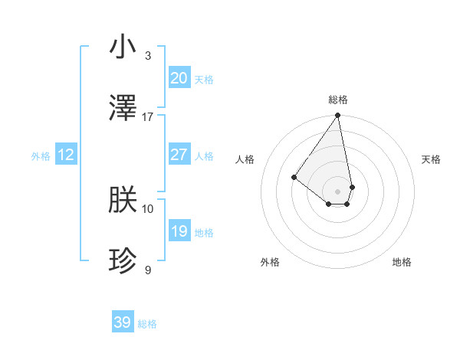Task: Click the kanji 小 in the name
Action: point(123,48)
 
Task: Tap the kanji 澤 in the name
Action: point(123,110)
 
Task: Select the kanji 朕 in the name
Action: point(123,201)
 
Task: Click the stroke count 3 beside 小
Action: point(148,56)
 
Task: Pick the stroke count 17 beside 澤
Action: point(148,117)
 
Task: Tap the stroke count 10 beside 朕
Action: point(148,208)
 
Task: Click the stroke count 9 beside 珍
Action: point(148,270)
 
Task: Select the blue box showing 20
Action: point(179,78)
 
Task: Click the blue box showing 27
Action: point(179,155)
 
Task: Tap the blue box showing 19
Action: point(179,231)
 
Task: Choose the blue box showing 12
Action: point(66,155)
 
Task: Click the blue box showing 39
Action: point(123,322)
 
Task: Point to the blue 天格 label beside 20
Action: point(204,80)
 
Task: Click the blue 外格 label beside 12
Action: point(41,156)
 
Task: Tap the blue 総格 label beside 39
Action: point(147,324)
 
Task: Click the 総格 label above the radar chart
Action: point(338,100)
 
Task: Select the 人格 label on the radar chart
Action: point(245,159)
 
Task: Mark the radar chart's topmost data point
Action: point(338,116)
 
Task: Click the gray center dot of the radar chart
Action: point(338,191)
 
